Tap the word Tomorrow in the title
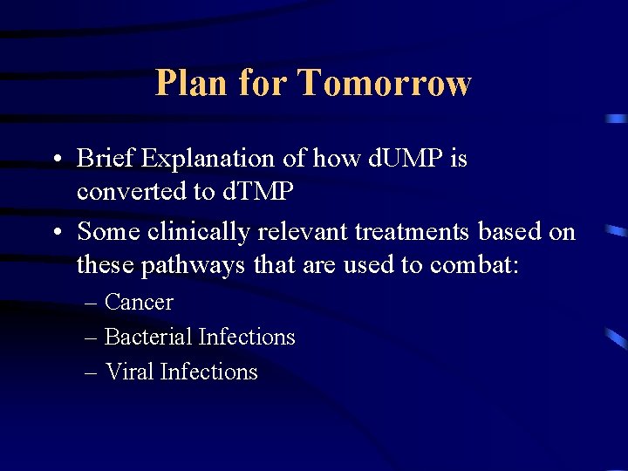(x=384, y=84)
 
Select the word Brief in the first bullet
(x=106, y=159)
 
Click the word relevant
(x=289, y=231)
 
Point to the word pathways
(x=190, y=264)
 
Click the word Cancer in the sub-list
(x=139, y=303)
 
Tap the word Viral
(x=126, y=372)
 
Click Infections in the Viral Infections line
(x=209, y=372)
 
